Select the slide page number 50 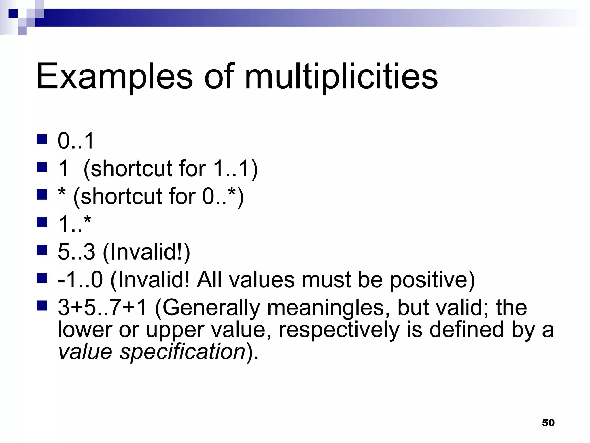point(548,423)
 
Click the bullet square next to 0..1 point(42,139)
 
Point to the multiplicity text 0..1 point(76,141)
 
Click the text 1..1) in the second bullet point(235,168)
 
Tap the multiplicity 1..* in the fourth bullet point(74,224)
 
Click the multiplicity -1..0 point(80,280)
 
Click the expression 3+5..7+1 point(103,307)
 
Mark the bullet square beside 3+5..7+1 point(42,305)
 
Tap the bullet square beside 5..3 point(42,250)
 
